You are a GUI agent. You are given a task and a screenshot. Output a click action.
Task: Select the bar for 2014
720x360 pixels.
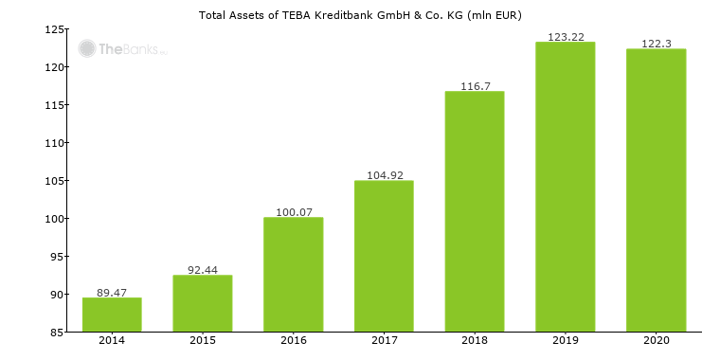pos(112,315)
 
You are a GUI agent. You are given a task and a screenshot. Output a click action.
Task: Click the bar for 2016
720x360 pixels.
pos(293,275)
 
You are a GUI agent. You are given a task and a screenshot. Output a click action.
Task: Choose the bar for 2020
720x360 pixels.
pos(656,190)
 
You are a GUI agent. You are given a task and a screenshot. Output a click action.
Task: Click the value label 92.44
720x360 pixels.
pos(202,270)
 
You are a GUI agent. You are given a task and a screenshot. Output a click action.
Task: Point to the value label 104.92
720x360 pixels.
pos(384,175)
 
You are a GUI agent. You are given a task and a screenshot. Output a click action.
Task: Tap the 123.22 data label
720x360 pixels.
pos(565,37)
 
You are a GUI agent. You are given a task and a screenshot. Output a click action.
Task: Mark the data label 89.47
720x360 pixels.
pos(112,293)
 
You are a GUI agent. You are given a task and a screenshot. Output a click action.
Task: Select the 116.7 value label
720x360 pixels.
pos(474,86)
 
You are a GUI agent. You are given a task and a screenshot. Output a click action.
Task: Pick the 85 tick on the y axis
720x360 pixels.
pos(57,333)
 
